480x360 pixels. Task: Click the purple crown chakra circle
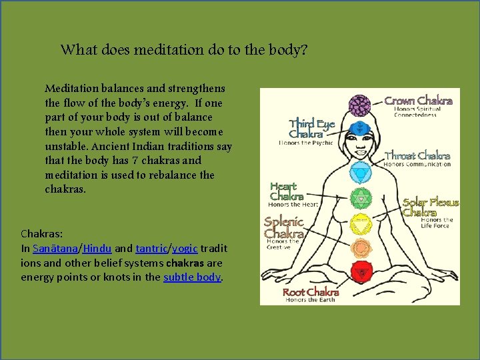pyautogui.click(x=361, y=105)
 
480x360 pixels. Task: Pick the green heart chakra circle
pyautogui.click(x=360, y=197)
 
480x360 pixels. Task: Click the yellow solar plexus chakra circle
pyautogui.click(x=360, y=221)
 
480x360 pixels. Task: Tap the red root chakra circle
pyautogui.click(x=360, y=271)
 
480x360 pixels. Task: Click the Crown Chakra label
pyautogui.click(x=418, y=101)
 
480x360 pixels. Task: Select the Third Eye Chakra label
pyautogui.click(x=311, y=129)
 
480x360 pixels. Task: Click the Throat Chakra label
pyautogui.click(x=417, y=156)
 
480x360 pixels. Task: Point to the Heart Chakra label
pyautogui.click(x=287, y=191)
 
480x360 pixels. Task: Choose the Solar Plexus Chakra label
pyautogui.click(x=430, y=207)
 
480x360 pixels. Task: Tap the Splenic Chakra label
pyautogui.click(x=284, y=227)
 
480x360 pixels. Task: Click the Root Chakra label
pyautogui.click(x=311, y=293)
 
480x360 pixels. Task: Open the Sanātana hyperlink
pyautogui.click(x=55, y=248)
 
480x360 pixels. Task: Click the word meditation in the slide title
pyautogui.click(x=164, y=50)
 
